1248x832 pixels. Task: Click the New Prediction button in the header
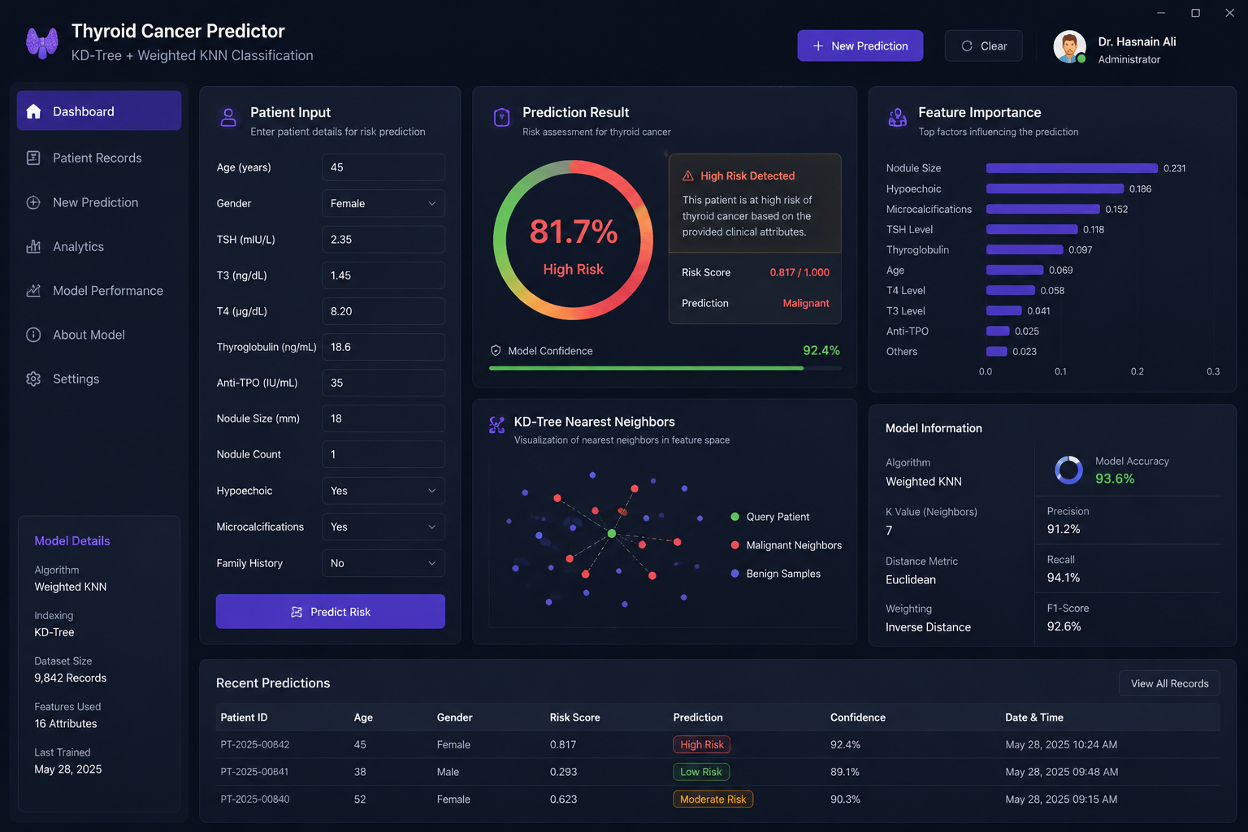(x=860, y=45)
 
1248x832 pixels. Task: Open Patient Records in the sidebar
(x=97, y=158)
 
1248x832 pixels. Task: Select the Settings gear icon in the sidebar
(x=33, y=379)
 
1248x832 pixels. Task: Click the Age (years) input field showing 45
(x=383, y=167)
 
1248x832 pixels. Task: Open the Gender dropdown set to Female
(x=383, y=203)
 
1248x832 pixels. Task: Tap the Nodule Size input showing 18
(x=383, y=418)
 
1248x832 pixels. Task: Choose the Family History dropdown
(x=383, y=563)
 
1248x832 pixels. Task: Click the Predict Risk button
(x=331, y=611)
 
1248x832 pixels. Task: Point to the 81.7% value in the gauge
(x=574, y=232)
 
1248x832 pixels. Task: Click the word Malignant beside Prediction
(x=806, y=303)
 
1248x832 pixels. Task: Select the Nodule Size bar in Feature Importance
(x=1072, y=168)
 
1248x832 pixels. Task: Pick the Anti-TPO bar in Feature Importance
(x=997, y=331)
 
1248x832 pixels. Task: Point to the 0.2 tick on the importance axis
(x=1137, y=371)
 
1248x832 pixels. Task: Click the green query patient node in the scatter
(x=612, y=533)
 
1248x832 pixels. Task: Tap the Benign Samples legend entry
(x=776, y=574)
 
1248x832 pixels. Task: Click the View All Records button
(x=1169, y=683)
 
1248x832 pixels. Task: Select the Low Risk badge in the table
(x=701, y=772)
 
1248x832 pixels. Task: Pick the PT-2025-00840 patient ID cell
(x=254, y=799)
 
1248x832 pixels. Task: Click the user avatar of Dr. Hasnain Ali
(x=1069, y=46)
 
